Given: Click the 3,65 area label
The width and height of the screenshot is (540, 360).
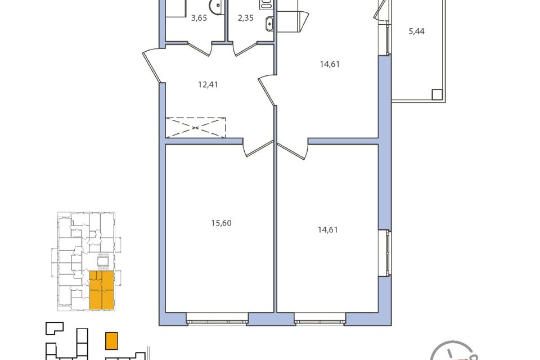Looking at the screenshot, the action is [x=199, y=18].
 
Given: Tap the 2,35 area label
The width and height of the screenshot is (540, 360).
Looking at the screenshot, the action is [x=246, y=18].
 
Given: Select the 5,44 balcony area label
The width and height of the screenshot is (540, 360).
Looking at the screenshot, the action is [x=416, y=31].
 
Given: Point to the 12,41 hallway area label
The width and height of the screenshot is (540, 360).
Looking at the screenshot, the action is [x=208, y=84].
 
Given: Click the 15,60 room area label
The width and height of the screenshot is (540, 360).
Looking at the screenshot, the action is [x=222, y=223].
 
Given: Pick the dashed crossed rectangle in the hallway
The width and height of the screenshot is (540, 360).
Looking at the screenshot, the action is [x=196, y=128].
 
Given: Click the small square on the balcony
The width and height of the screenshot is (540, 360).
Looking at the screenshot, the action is [x=437, y=94].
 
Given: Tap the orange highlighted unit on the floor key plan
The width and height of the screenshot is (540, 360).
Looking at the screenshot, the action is [x=102, y=290].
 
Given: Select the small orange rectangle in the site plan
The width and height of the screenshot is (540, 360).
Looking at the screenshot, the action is [x=111, y=341].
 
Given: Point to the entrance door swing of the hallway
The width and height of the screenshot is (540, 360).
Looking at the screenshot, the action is [x=151, y=65].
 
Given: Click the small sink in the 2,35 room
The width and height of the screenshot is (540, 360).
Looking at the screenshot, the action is [x=269, y=24].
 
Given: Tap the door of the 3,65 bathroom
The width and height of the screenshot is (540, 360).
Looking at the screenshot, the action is [x=199, y=49].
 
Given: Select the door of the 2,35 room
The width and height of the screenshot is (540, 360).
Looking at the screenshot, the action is [x=246, y=49].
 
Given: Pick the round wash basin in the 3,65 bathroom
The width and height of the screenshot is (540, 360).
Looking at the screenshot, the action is [x=216, y=6].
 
